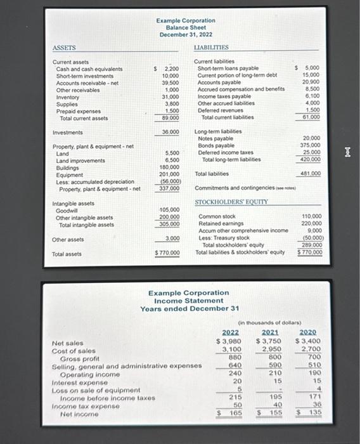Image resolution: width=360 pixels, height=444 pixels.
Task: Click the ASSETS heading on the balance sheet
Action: click(63, 48)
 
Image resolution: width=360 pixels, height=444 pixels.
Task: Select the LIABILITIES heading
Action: click(211, 48)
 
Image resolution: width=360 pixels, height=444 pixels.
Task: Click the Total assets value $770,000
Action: click(168, 254)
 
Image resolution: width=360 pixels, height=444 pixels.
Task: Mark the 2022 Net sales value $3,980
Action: click(230, 343)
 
